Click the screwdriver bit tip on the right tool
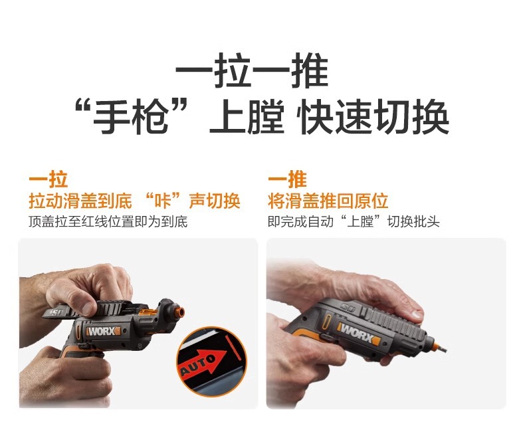click(441, 346)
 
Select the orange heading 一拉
click(48, 179)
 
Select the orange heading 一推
click(287, 179)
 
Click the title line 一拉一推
click(252, 73)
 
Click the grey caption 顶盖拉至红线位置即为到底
click(108, 221)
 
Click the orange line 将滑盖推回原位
click(328, 201)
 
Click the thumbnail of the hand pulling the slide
click(138, 324)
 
